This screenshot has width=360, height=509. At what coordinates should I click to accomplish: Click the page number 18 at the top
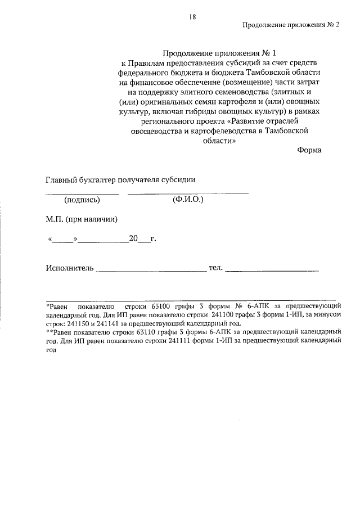click(192, 17)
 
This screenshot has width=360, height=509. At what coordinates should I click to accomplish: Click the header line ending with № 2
click(291, 25)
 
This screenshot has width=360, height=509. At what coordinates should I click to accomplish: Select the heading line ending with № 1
click(209, 53)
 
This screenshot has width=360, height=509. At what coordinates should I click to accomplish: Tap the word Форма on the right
click(309, 150)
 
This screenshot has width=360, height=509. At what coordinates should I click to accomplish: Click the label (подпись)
click(82, 200)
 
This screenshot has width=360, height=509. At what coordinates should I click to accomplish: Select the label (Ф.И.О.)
click(188, 200)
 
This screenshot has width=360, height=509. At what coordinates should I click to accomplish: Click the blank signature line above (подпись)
click(82, 193)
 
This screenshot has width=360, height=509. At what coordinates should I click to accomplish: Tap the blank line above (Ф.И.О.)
click(188, 193)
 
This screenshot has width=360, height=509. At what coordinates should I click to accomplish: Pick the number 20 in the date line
click(133, 238)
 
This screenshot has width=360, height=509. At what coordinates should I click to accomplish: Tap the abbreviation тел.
click(216, 267)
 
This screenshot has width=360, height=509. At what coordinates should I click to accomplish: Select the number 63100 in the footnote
click(163, 307)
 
